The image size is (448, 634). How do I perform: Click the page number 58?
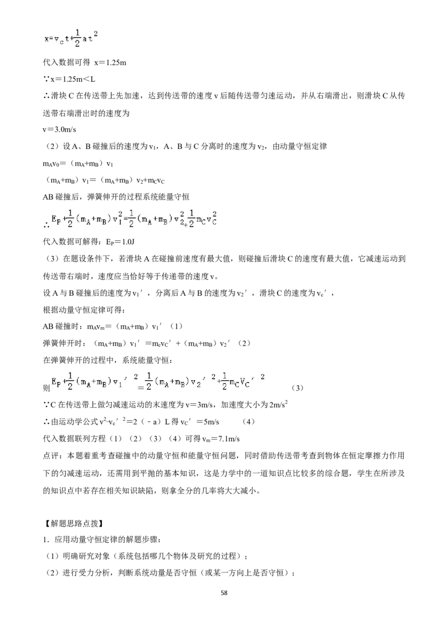click(x=224, y=593)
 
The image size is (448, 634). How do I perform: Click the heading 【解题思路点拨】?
click(x=73, y=523)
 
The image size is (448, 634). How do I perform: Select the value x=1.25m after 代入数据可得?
click(x=110, y=62)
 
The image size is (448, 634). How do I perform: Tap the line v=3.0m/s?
click(x=59, y=130)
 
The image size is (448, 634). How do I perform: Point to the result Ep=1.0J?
click(x=120, y=242)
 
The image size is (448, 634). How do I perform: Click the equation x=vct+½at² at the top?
click(x=71, y=39)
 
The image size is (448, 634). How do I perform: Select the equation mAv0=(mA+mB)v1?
click(x=78, y=164)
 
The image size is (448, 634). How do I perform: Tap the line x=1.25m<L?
click(x=69, y=80)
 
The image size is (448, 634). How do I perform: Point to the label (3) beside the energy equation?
click(x=297, y=388)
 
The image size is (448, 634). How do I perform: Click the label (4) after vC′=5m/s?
click(x=248, y=422)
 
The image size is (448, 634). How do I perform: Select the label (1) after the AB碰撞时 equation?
click(x=176, y=327)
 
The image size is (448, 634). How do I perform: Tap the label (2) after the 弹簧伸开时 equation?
click(x=244, y=343)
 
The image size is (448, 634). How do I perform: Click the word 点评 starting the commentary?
click(x=50, y=456)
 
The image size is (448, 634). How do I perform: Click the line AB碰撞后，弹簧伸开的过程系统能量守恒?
click(x=116, y=197)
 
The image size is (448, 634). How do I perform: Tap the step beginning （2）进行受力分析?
click(x=170, y=573)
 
